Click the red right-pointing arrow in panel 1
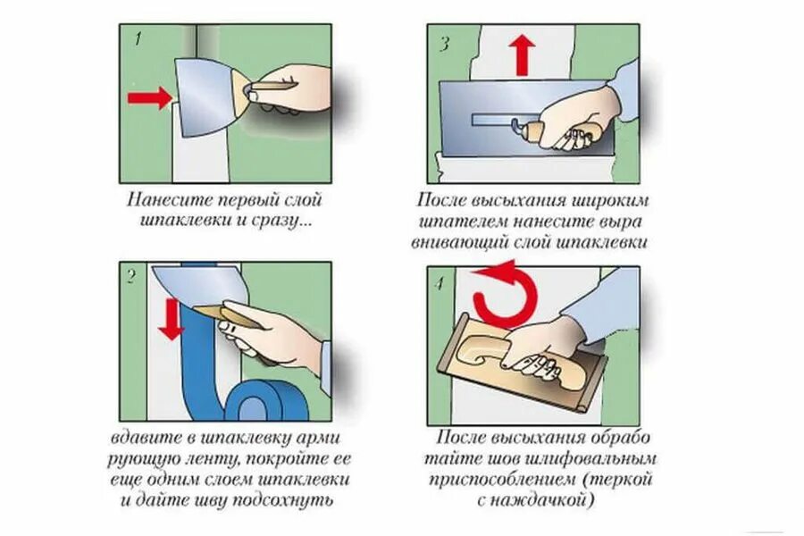coord(150,96)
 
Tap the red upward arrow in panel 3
coord(523,55)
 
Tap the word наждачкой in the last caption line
coord(550,501)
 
